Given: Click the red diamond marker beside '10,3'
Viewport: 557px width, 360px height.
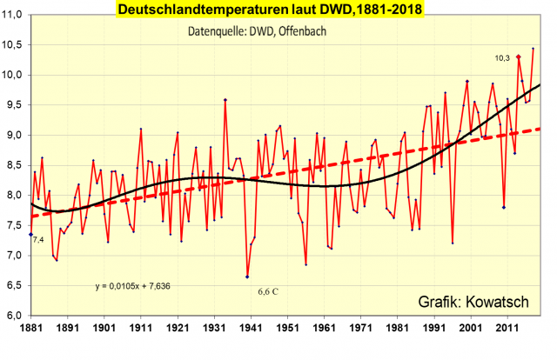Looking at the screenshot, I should pos(519,57).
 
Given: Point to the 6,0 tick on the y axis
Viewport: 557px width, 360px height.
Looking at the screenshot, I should pos(15,315).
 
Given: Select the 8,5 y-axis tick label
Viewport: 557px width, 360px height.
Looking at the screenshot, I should pos(15,165).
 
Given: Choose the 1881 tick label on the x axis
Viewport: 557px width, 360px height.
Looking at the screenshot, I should pos(31,327).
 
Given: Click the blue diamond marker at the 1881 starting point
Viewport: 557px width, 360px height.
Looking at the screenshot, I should pos(31,235).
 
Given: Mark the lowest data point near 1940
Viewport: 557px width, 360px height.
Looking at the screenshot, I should pos(247,277).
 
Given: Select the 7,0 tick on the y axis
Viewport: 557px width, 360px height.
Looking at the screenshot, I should pos(15,255).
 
